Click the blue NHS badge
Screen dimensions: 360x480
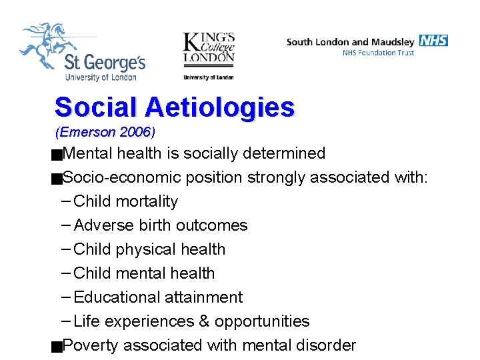point(434,41)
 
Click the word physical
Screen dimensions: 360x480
point(141,249)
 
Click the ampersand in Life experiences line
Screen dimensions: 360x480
point(205,321)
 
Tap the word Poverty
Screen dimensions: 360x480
point(91,345)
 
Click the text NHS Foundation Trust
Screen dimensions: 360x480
point(378,53)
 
